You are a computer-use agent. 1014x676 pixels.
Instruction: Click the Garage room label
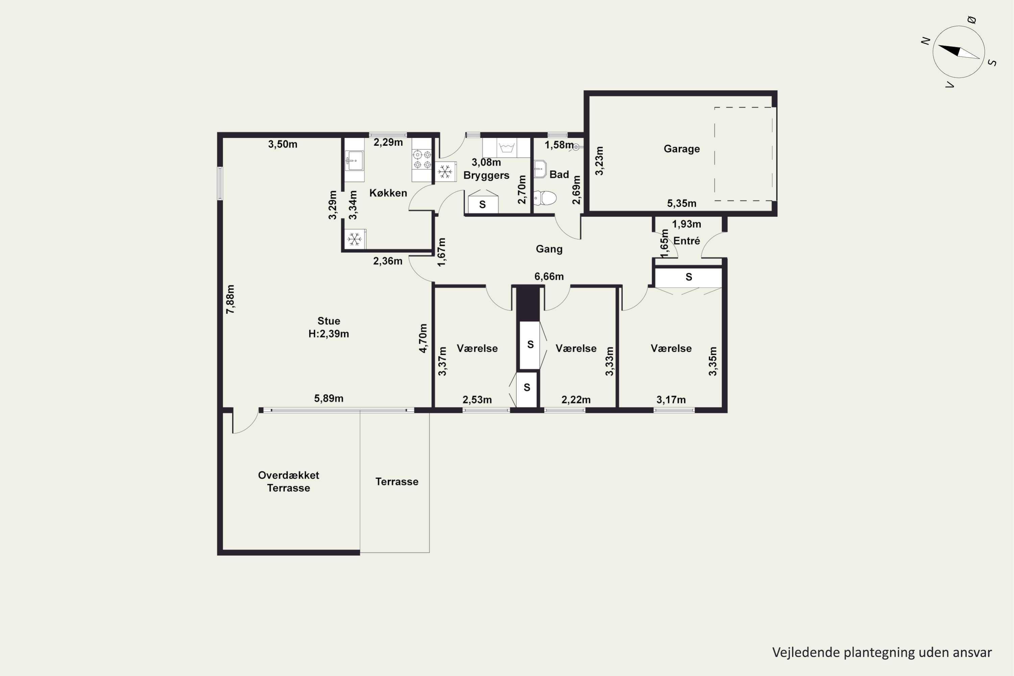click(x=682, y=149)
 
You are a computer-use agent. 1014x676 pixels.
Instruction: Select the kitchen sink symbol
click(x=354, y=160)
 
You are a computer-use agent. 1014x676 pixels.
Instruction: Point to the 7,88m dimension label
click(x=231, y=299)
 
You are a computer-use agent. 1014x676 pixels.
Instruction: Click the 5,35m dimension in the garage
click(x=682, y=203)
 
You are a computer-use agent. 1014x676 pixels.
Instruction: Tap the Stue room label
click(x=329, y=321)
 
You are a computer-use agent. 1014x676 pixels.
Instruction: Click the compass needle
click(x=959, y=52)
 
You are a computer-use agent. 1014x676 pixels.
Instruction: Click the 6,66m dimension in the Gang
click(x=549, y=276)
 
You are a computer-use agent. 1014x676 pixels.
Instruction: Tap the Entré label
click(x=687, y=241)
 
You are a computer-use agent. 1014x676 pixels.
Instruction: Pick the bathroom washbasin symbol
click(x=540, y=169)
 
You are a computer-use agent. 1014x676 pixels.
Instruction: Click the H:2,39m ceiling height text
click(x=329, y=334)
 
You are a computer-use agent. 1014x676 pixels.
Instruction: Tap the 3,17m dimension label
click(x=671, y=400)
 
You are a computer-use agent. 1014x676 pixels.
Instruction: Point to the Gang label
click(x=549, y=249)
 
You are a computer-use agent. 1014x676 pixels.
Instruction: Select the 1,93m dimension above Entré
click(x=686, y=224)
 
